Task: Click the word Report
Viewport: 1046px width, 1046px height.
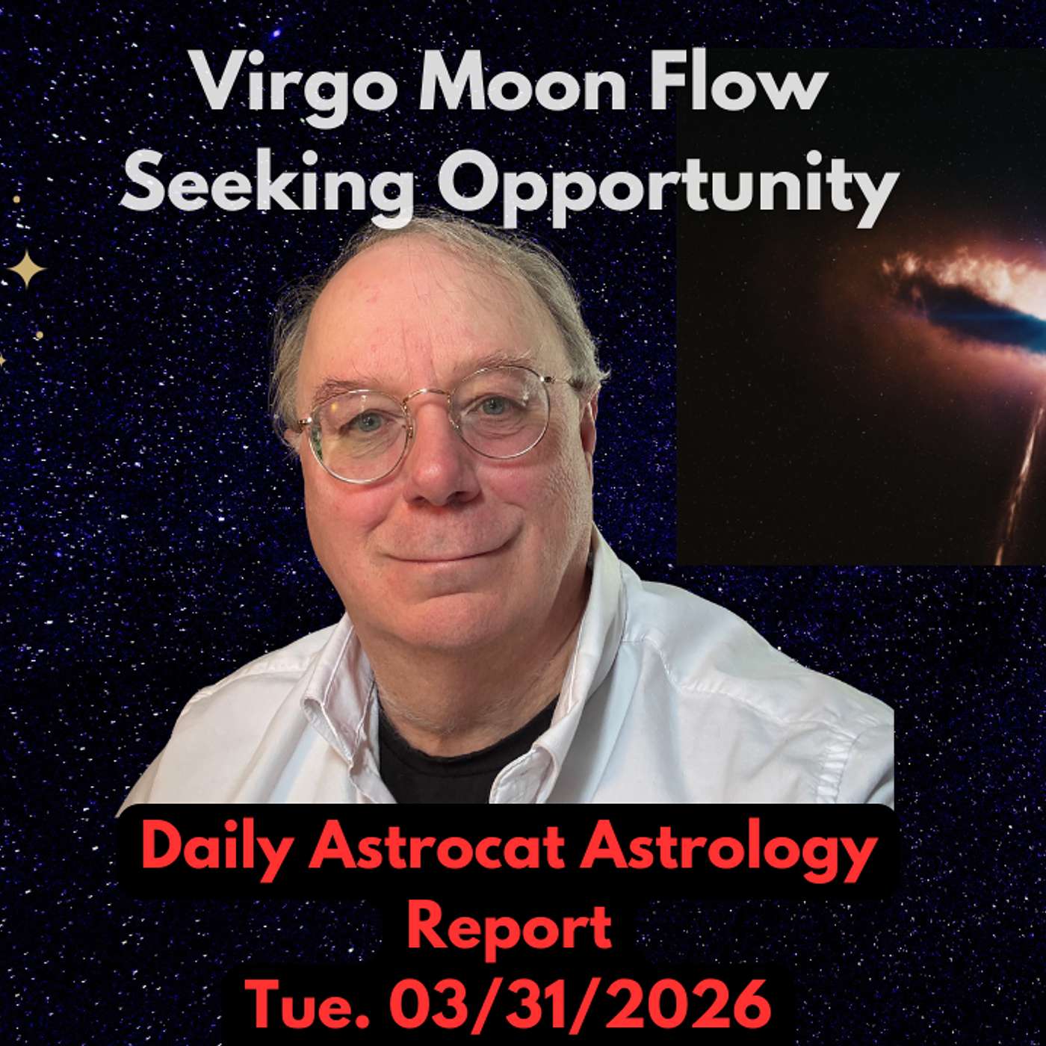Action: point(509,926)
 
